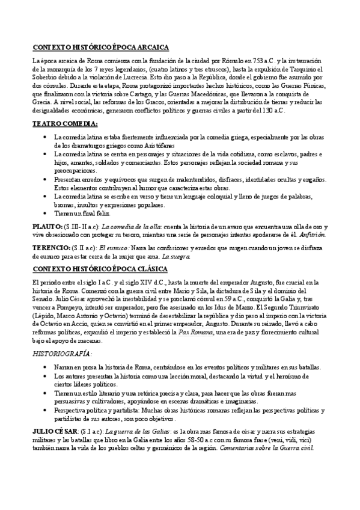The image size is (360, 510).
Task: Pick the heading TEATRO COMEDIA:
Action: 64,124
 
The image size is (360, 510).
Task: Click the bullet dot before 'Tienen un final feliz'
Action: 46,213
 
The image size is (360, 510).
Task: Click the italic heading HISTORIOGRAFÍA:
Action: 63,355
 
